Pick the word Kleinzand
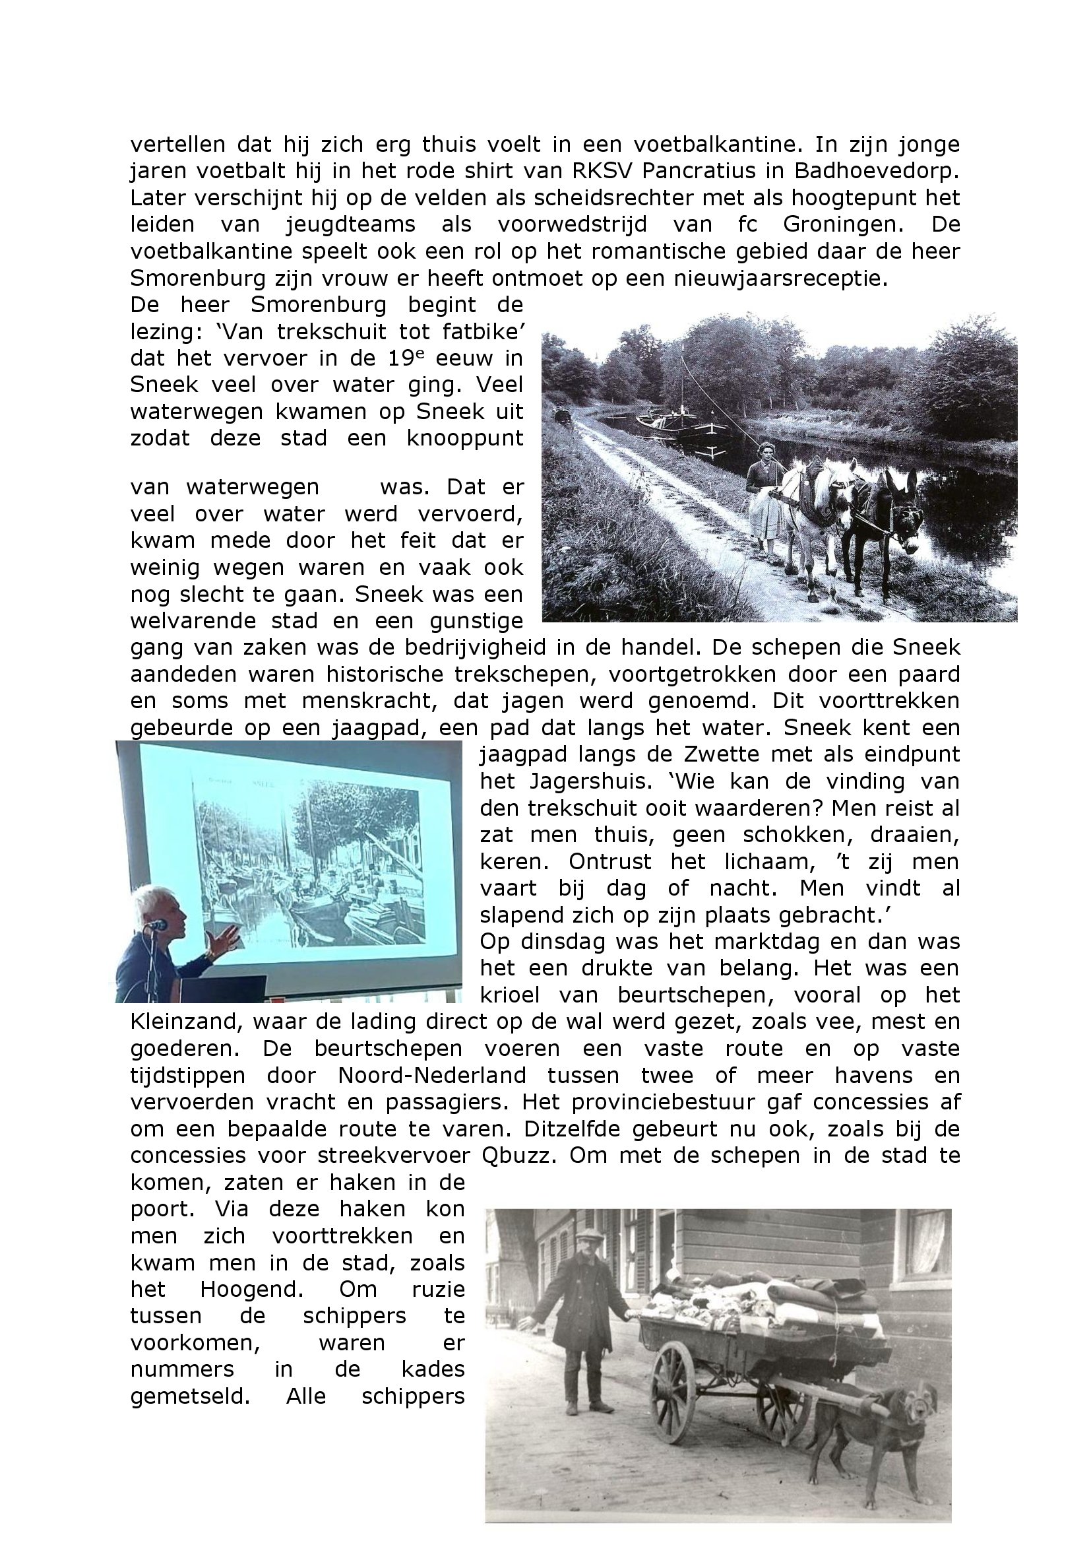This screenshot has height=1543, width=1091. [183, 1022]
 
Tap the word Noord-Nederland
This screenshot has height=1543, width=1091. [432, 1075]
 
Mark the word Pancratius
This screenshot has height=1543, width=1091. [697, 171]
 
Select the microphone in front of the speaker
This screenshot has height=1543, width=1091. [157, 925]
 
